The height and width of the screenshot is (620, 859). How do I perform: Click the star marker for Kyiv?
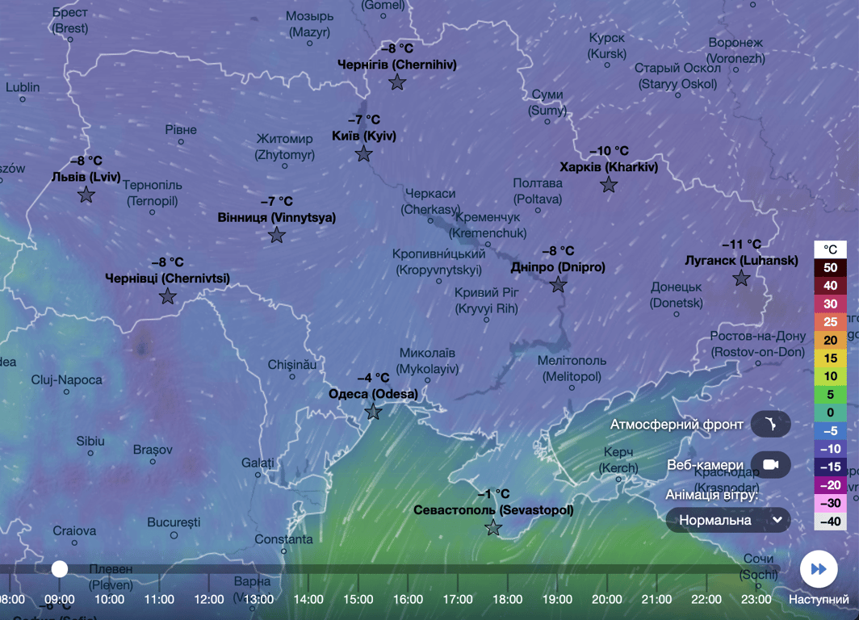(364, 153)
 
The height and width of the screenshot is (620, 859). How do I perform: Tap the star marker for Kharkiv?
(609, 185)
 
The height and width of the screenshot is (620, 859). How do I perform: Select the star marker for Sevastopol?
(493, 528)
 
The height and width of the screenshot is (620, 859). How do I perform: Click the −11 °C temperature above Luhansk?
(741, 245)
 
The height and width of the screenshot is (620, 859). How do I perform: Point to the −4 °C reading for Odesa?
(373, 378)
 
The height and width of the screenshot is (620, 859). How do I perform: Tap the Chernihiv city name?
(396, 65)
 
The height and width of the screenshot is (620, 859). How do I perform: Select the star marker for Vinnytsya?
(277, 235)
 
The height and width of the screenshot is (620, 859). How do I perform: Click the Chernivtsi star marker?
(168, 295)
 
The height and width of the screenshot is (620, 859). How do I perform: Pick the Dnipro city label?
(558, 267)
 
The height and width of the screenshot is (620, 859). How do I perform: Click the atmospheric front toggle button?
(770, 424)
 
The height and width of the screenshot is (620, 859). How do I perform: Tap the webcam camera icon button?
(770, 465)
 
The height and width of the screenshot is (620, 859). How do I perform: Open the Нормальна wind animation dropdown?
(728, 520)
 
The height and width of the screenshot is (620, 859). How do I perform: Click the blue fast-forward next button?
(819, 569)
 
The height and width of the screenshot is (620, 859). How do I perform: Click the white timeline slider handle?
(60, 569)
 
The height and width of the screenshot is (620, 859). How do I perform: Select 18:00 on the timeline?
(507, 599)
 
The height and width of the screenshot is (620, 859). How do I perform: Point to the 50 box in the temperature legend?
(830, 268)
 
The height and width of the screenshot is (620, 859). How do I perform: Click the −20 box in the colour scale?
(830, 485)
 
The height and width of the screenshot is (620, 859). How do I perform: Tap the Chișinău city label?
(292, 365)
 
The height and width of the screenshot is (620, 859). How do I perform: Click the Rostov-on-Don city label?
(758, 344)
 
